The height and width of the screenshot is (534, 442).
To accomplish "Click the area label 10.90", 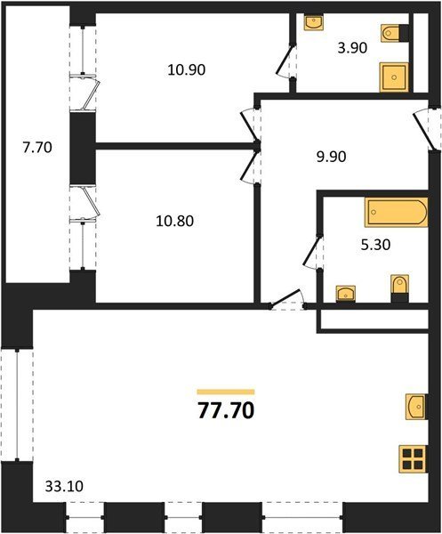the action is [187, 69].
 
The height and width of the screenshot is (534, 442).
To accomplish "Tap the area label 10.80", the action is [174, 221].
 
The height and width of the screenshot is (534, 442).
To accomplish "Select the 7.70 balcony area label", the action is [37, 148].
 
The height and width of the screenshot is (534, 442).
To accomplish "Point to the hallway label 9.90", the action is [331, 157].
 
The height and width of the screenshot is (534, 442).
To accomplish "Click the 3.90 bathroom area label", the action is [352, 48].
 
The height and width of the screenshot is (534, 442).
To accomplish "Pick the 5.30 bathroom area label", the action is [375, 245].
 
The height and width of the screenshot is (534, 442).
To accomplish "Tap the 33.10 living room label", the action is [64, 486].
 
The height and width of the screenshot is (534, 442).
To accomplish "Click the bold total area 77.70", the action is [226, 410].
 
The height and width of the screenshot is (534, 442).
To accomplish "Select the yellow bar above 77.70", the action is [226, 392].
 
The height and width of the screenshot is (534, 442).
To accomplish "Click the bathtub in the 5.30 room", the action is [397, 212].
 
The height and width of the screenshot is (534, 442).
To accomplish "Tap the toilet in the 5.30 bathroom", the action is [399, 288].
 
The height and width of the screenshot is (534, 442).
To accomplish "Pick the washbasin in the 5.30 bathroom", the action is [346, 294].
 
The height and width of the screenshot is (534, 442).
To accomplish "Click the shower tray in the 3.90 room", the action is [394, 77].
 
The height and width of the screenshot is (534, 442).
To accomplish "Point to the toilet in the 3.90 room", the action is [395, 34].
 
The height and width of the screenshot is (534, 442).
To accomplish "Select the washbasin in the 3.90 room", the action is [314, 22].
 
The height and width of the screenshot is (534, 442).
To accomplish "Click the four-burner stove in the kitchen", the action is [413, 459].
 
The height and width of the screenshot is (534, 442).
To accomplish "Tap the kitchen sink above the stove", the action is [415, 407].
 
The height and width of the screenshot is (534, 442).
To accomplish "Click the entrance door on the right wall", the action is [426, 129].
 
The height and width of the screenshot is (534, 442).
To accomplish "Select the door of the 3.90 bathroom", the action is [285, 61].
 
